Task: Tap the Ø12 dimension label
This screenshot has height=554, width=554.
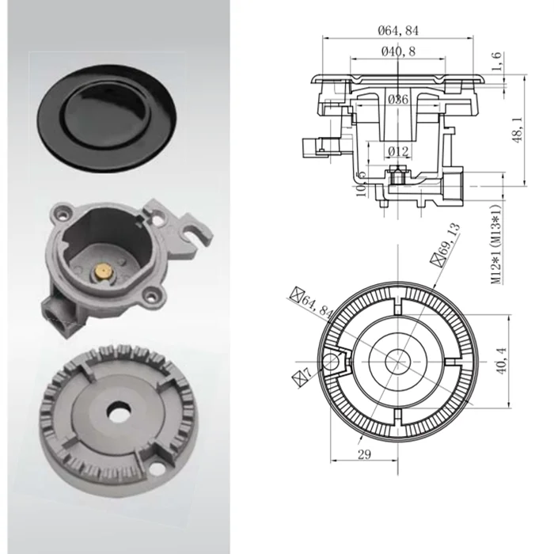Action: tap(398, 150)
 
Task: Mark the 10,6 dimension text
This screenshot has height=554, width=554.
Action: tap(361, 184)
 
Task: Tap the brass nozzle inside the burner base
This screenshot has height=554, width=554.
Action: tap(104, 271)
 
